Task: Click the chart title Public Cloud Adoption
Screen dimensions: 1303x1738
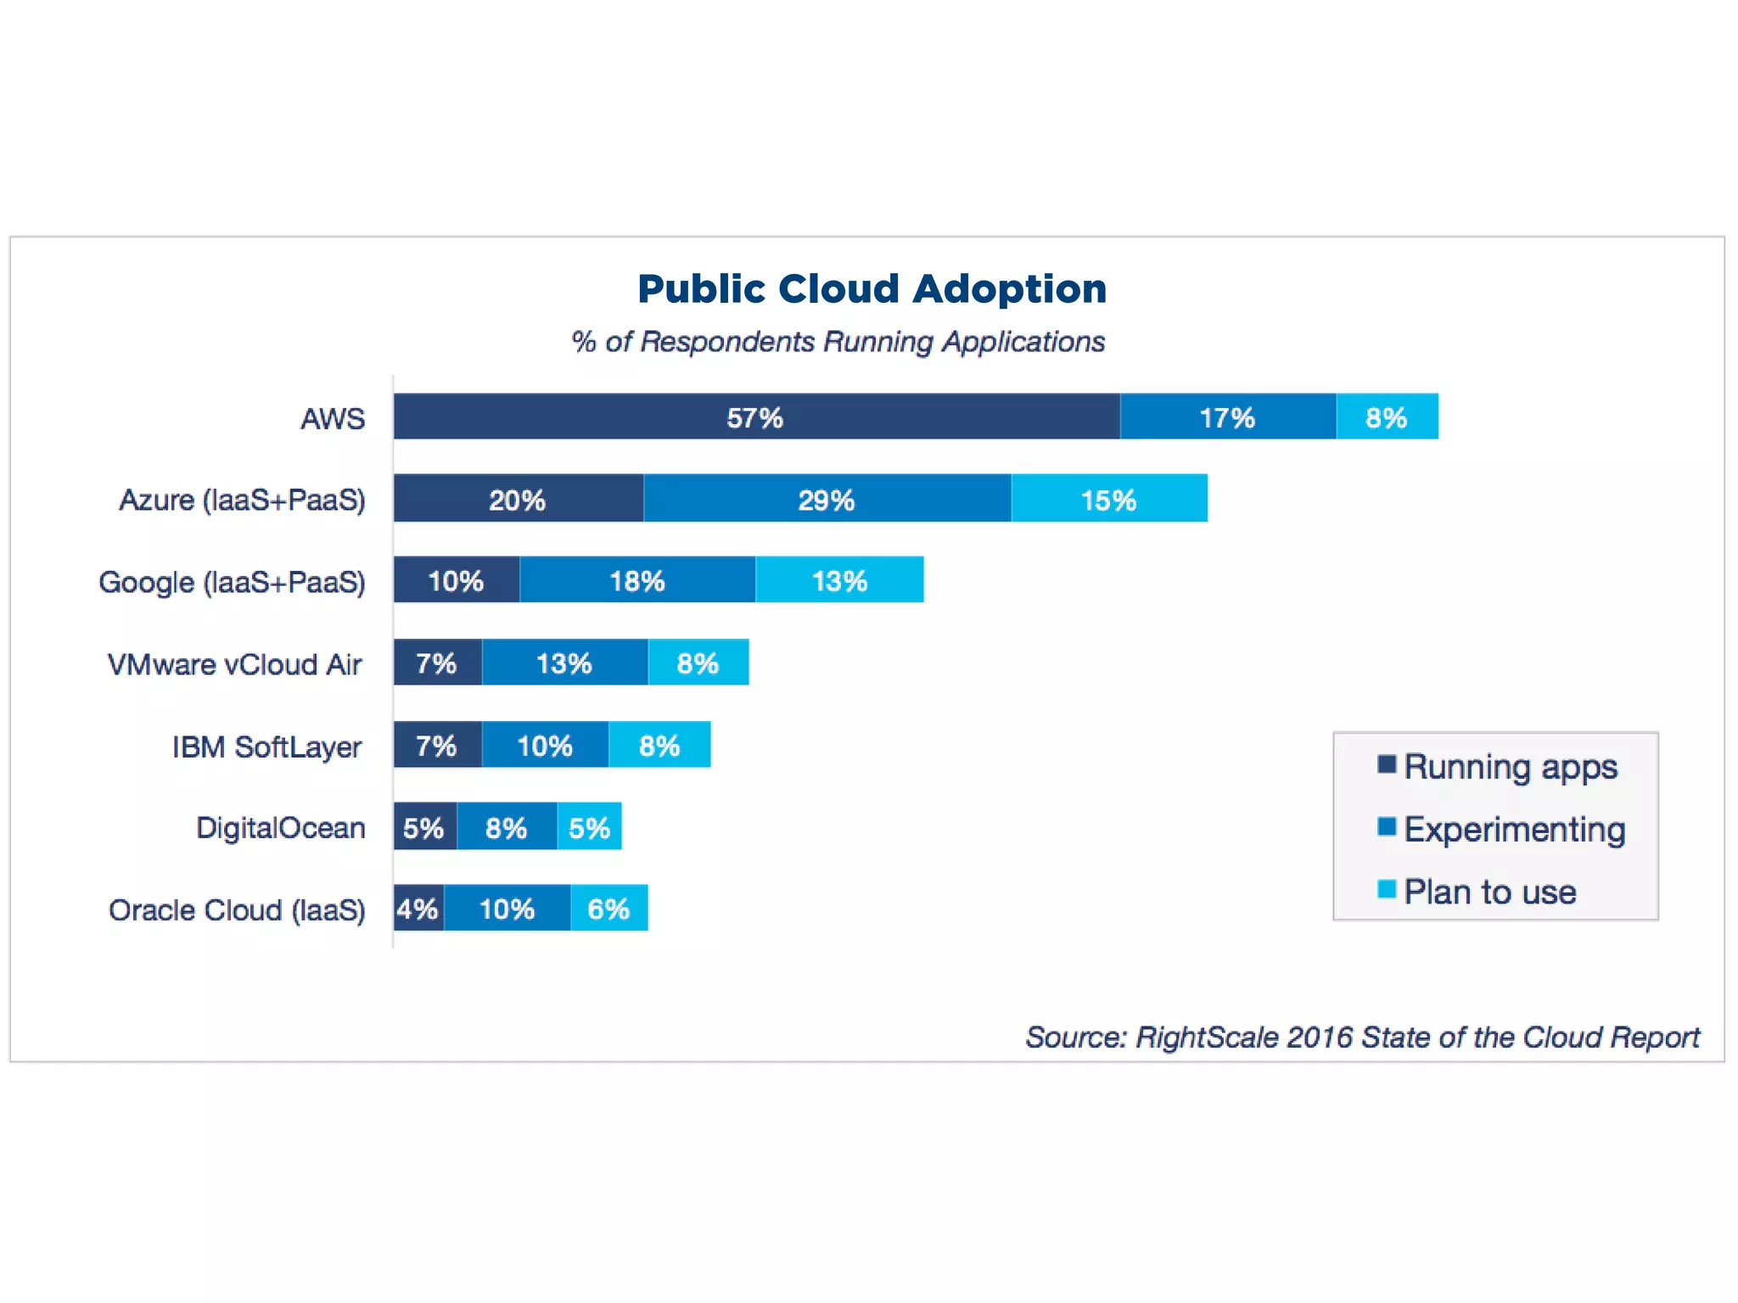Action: [x=872, y=289]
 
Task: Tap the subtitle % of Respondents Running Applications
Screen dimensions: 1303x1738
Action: [x=838, y=342]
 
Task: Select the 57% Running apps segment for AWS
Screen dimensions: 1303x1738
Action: [x=756, y=417]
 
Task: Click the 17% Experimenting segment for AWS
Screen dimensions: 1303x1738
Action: [x=1227, y=417]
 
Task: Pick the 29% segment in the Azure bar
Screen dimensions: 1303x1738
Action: [x=827, y=499]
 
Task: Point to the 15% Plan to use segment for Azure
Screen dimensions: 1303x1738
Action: [x=1108, y=499]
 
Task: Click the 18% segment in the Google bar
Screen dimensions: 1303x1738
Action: [x=637, y=580]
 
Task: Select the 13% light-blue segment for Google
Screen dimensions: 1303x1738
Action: [x=839, y=580]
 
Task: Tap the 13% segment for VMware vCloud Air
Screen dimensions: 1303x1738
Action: [x=564, y=663]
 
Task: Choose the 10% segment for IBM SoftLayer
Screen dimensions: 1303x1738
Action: [x=545, y=746]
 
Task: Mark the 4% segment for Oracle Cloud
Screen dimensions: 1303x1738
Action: [x=418, y=909]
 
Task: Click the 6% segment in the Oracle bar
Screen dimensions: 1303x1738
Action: [x=608, y=909]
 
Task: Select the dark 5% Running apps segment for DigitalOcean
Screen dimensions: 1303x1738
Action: [x=424, y=827]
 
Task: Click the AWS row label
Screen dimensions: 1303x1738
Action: [x=333, y=418]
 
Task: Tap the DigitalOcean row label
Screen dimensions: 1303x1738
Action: [x=280, y=828]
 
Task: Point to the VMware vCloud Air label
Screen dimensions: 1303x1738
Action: [x=235, y=664]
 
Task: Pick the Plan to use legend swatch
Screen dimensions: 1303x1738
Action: [x=1387, y=889]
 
